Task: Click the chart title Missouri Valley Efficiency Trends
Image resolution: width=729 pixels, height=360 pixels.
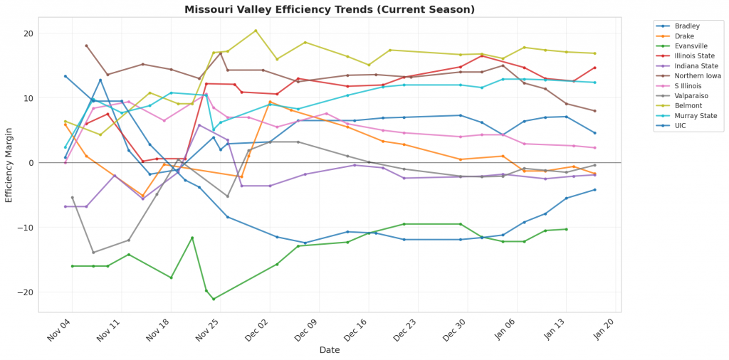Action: [330, 9]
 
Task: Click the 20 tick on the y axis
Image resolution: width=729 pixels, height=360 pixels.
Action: [28, 33]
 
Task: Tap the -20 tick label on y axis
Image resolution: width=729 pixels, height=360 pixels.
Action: [26, 292]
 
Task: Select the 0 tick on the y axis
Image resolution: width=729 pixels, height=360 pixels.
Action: [31, 163]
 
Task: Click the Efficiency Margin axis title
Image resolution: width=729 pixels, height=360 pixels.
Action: [9, 164]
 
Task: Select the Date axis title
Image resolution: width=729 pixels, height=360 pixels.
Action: [330, 350]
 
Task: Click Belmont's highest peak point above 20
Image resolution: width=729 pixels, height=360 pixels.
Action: [256, 31]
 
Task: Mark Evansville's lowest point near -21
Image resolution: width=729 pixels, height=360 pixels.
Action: [213, 299]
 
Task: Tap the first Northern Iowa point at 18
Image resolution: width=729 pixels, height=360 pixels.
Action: [86, 46]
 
